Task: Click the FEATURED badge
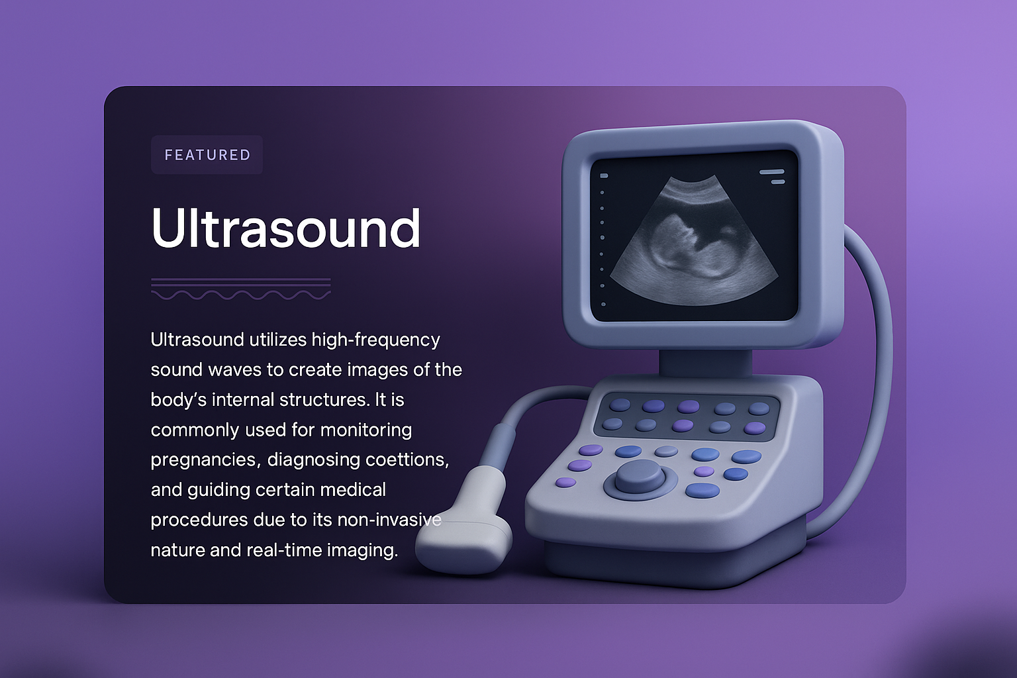click(207, 155)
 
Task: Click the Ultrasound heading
click(285, 228)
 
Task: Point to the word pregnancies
click(205, 460)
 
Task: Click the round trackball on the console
click(640, 477)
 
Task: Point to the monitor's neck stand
click(704, 363)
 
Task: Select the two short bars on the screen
click(772, 176)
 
